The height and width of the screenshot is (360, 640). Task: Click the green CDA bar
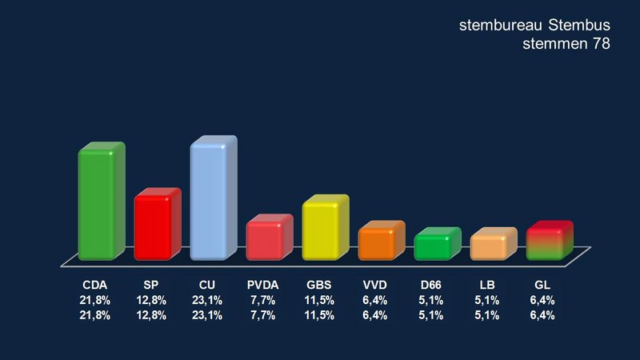pyautogui.click(x=99, y=204)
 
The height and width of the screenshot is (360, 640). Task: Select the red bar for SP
pyautogui.click(x=155, y=226)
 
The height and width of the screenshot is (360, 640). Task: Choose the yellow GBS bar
pyautogui.click(x=323, y=230)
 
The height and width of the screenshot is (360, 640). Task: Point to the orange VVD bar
pyautogui.click(x=379, y=243)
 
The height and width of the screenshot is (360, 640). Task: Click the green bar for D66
pyautogui.click(x=435, y=246)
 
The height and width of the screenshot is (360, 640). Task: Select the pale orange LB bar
pyautogui.click(x=491, y=246)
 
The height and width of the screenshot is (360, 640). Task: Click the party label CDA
pyautogui.click(x=95, y=285)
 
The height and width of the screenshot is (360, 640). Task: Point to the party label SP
pyautogui.click(x=151, y=285)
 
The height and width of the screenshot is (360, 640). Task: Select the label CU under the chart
pyautogui.click(x=207, y=285)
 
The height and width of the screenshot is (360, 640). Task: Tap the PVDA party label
pyautogui.click(x=263, y=285)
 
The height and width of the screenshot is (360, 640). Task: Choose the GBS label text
pyautogui.click(x=319, y=285)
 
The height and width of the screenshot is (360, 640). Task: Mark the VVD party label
pyautogui.click(x=375, y=285)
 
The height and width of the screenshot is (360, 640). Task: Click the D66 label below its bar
pyautogui.click(x=431, y=285)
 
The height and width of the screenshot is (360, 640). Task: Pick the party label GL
pyautogui.click(x=543, y=285)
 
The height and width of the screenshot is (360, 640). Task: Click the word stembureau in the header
pyautogui.click(x=500, y=26)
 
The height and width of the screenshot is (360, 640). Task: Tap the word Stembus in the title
pyautogui.click(x=578, y=26)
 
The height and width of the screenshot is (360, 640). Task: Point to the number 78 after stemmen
pyautogui.click(x=601, y=45)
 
